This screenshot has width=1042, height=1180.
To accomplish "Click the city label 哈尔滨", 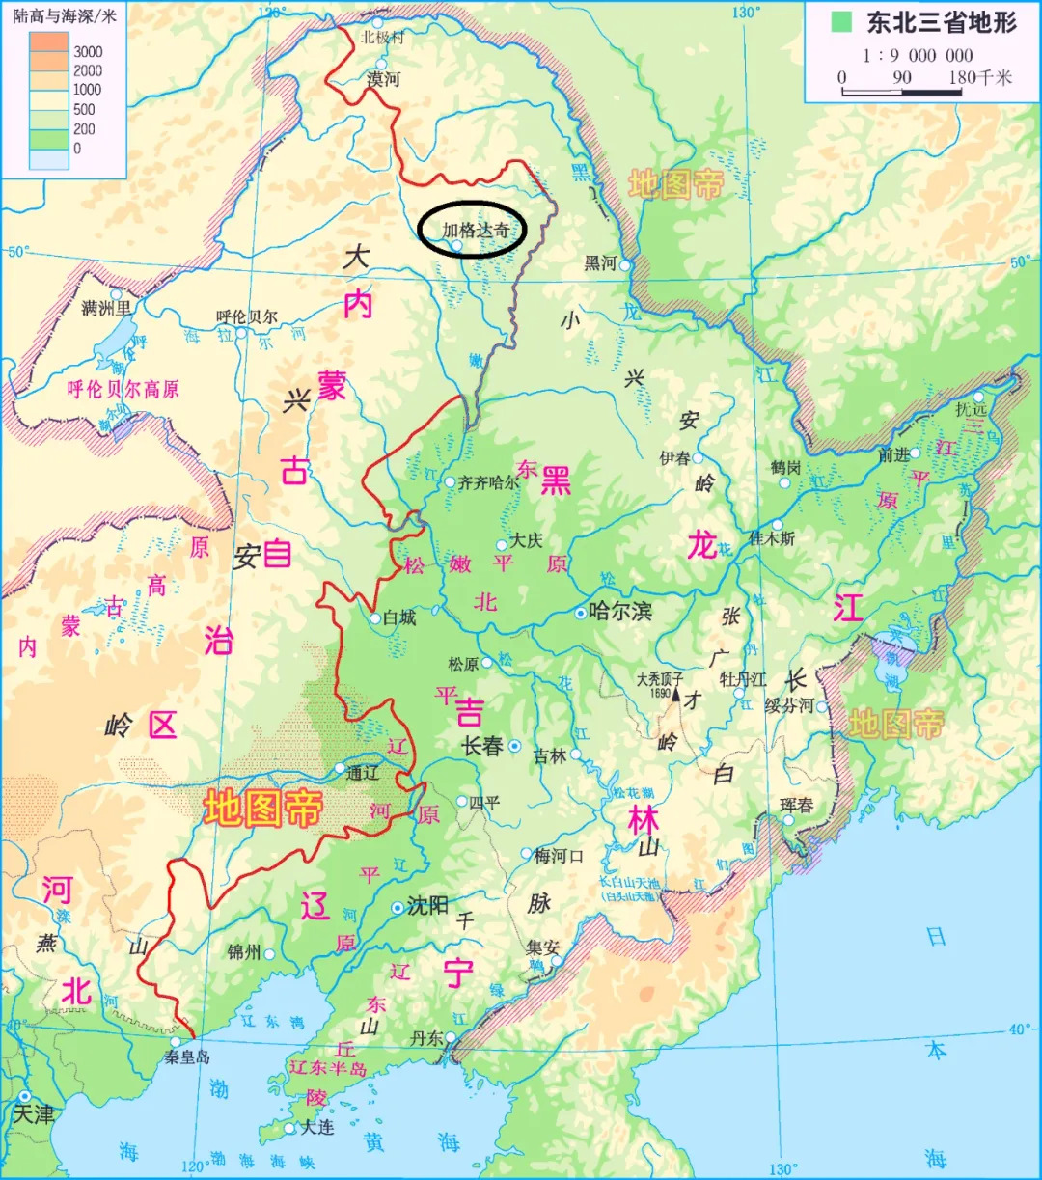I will click(620, 612).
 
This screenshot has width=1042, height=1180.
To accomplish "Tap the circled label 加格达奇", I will click(475, 230).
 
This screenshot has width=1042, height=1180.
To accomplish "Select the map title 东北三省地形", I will click(941, 22).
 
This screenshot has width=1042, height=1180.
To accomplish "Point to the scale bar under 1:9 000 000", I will click(902, 93).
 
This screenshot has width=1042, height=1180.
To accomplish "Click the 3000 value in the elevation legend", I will click(88, 51).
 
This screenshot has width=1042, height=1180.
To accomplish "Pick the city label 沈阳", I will click(427, 906).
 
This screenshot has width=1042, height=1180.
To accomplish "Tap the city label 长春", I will click(483, 745).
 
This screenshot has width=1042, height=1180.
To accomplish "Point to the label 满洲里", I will click(105, 309).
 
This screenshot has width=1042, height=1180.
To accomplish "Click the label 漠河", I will click(383, 79).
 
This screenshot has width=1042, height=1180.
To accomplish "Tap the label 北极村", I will click(382, 39).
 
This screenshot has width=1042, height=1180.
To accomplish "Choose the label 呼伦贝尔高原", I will click(123, 390).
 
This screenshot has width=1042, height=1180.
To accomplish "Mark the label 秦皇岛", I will click(187, 1057).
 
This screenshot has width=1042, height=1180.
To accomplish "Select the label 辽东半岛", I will click(328, 1068).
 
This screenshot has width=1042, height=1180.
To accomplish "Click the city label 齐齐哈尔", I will click(489, 482).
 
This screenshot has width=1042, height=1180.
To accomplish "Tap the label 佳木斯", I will click(772, 538).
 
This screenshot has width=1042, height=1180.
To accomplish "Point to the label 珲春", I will click(797, 805).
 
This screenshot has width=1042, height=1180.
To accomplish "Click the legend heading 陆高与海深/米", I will click(64, 16).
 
